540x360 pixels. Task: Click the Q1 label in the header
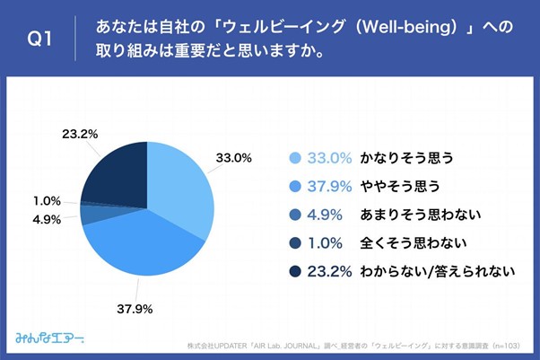41,39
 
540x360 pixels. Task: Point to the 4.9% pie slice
89,214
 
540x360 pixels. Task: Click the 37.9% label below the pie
135,310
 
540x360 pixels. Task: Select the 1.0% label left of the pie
46,200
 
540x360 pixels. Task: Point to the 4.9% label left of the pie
46,219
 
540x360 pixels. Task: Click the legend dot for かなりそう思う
294,158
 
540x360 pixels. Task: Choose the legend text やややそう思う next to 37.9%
400,186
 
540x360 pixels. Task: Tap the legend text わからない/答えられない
436,270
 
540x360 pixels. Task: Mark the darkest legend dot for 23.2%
294,270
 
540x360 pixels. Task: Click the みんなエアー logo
50,338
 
